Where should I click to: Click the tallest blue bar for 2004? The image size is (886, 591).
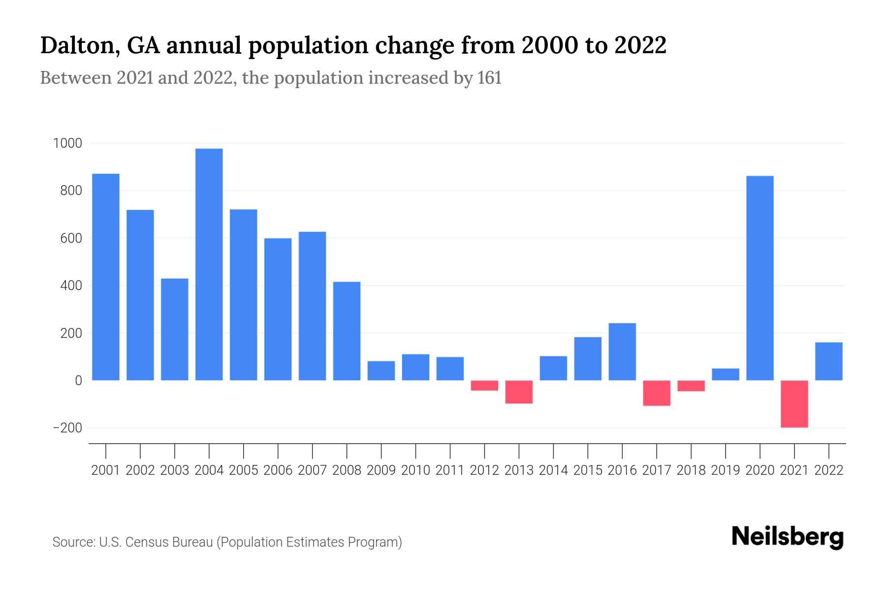pos(209,264)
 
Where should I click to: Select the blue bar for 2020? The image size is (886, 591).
pos(759,278)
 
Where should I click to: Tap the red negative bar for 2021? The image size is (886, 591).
pos(794,404)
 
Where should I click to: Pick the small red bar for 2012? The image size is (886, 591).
pos(484,386)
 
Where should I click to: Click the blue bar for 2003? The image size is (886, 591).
pos(174,329)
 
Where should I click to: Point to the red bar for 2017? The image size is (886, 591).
pos(656,393)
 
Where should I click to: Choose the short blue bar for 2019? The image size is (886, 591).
pos(725,374)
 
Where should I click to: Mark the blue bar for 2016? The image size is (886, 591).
pos(622,352)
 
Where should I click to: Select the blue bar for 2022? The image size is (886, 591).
pos(828,361)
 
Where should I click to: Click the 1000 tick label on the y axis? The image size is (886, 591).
pos(67,143)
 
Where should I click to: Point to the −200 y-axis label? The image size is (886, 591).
pos(67,428)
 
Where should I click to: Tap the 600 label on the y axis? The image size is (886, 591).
pos(71,238)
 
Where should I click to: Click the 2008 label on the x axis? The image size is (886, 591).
pos(347,470)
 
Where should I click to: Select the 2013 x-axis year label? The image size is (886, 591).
pos(519,470)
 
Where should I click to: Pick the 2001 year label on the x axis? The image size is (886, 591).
pos(106,470)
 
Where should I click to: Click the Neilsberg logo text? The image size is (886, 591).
pos(787,537)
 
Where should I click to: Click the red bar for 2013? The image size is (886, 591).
pos(519,392)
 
